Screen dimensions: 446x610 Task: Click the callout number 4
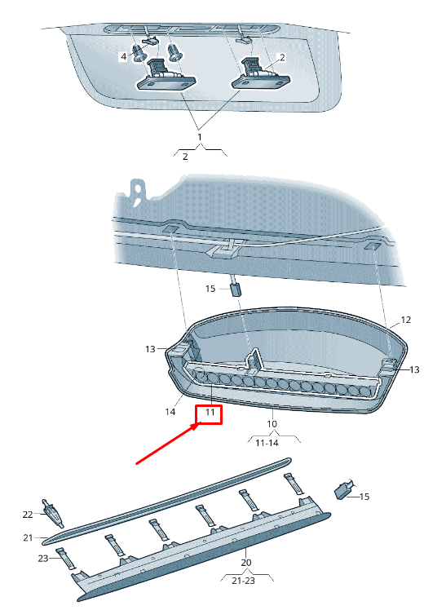(123, 56)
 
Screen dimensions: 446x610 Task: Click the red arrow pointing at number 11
(168, 444)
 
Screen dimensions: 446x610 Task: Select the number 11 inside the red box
(210, 412)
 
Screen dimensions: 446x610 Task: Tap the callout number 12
(405, 320)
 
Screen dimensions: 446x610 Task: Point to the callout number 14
(170, 412)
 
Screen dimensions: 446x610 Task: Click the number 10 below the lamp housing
(272, 423)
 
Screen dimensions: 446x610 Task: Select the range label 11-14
(267, 443)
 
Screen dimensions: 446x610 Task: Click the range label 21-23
(244, 581)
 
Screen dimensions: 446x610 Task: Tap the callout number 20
(245, 562)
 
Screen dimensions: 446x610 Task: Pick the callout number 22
(28, 515)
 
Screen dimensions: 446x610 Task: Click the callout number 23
(42, 559)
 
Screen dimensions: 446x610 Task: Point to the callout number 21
(28, 537)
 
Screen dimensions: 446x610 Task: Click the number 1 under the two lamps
(200, 137)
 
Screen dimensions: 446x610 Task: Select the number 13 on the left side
(150, 349)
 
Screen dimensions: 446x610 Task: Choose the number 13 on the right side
(414, 369)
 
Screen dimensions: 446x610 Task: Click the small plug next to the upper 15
(236, 288)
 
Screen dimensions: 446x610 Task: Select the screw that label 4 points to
(139, 53)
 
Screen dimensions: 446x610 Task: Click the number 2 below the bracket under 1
(185, 157)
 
